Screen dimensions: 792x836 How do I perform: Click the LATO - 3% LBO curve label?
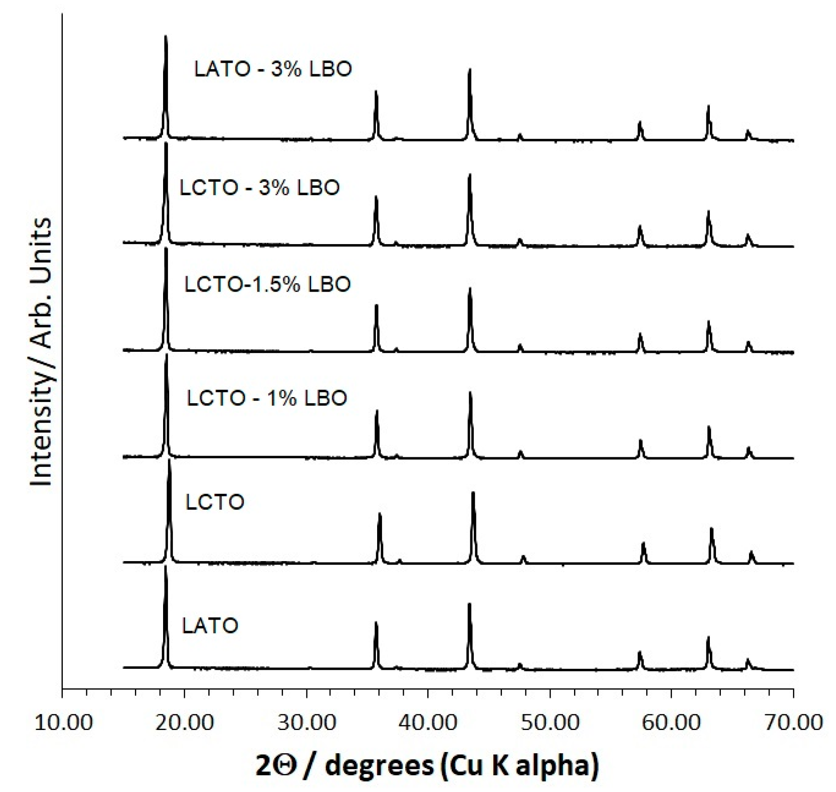273,69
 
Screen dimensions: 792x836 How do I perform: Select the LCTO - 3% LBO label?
259,188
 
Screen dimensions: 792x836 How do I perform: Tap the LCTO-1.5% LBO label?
267,285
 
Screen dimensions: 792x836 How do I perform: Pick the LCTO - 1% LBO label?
267,398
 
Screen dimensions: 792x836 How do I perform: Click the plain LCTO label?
214,502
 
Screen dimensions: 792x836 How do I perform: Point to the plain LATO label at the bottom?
210,625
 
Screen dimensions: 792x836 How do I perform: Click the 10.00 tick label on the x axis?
63,723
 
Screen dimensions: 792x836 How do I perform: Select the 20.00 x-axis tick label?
184,723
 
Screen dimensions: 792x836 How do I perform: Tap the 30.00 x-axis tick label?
306,723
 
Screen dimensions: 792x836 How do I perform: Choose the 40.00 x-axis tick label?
428,723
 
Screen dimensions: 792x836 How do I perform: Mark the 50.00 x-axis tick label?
550,723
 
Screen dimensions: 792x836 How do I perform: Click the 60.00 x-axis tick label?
671,723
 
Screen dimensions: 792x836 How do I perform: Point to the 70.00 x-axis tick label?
793,723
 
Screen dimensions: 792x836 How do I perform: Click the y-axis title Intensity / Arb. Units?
41,352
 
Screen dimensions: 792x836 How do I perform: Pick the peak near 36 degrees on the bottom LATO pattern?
376,624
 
